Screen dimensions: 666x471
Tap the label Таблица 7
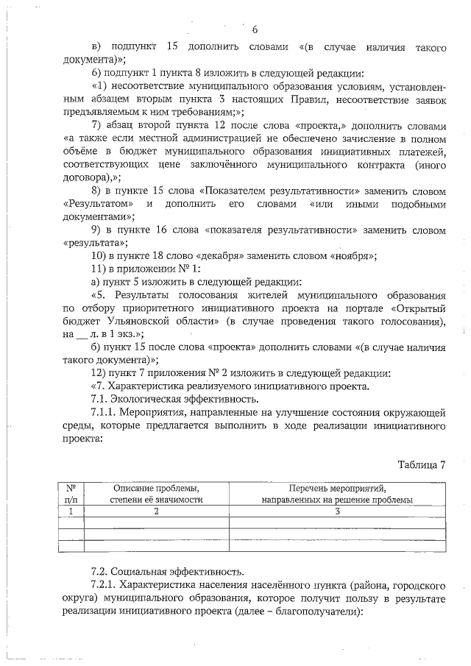(422, 464)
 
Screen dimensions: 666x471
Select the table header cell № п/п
(71, 493)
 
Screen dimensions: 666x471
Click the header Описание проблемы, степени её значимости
(156, 493)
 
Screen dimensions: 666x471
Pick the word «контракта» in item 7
(376, 164)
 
